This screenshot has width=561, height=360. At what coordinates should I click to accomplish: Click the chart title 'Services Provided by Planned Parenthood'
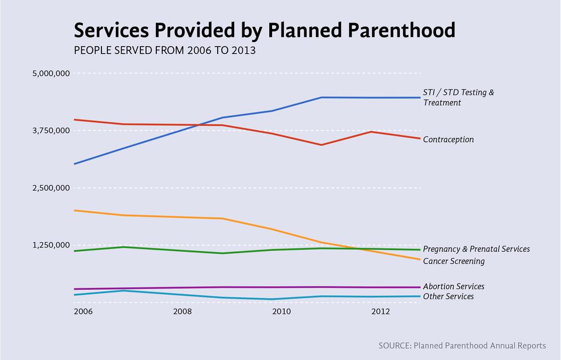pos(264,30)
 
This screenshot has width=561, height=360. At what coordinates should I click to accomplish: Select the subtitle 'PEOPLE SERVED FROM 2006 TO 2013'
pos(165,50)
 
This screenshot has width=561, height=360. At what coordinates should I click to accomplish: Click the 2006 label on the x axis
pos(83,312)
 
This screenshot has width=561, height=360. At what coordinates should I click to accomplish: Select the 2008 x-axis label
pos(182,312)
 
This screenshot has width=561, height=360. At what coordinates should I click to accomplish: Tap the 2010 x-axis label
pos(281,312)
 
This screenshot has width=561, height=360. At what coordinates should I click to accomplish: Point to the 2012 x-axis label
pos(381,312)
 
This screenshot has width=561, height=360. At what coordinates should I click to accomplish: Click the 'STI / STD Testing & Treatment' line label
pos(458,97)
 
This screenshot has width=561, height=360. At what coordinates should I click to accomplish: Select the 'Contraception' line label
pos(448,139)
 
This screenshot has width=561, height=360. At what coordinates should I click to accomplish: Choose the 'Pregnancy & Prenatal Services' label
pos(476,249)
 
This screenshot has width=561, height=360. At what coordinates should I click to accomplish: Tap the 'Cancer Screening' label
pos(454,261)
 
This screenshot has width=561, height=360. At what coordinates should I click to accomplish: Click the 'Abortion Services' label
pos(454,286)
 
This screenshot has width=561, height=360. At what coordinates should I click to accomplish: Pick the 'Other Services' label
pos(448,296)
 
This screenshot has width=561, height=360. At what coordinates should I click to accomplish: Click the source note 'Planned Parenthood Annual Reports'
pos(462,346)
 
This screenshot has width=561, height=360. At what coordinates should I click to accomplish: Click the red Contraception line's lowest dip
pos(321,145)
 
